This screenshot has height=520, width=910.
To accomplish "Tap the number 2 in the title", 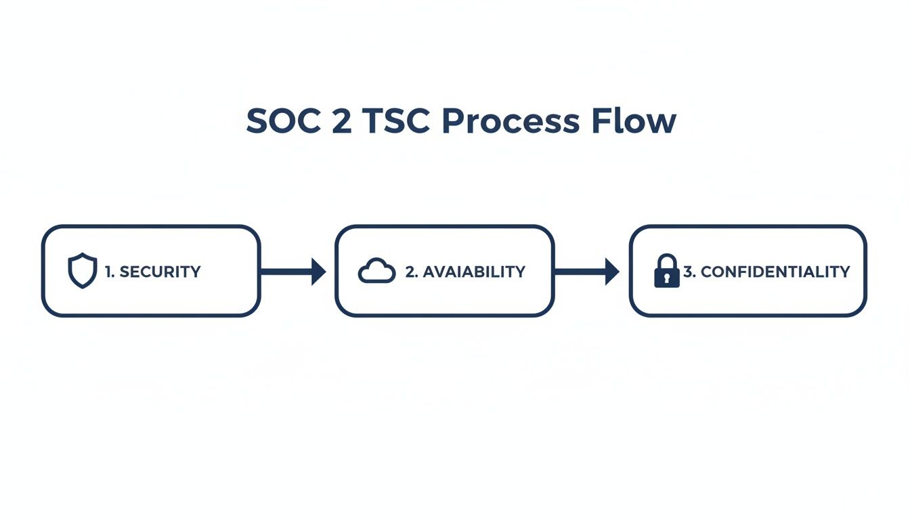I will click(x=340, y=122).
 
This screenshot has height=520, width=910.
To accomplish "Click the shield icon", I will click(x=83, y=271).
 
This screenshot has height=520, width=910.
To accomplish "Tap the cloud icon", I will click(x=376, y=272).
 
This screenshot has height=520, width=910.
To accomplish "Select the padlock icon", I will click(x=666, y=271).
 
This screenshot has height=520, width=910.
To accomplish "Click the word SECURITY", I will click(x=160, y=272).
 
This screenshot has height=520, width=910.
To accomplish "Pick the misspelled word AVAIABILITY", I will click(x=473, y=272).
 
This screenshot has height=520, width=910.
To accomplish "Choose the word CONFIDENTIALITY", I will click(x=775, y=272).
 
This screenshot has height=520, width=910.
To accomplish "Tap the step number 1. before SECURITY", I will click(x=110, y=272).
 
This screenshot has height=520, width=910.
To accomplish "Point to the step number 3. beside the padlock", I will click(x=689, y=272).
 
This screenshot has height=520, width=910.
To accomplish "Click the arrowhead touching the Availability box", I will click(x=319, y=272).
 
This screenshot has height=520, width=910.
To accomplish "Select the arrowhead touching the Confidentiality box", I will click(x=612, y=272).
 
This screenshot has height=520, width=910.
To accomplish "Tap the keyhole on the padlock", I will click(x=666, y=277).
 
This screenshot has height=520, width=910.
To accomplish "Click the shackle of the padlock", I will click(x=666, y=261).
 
